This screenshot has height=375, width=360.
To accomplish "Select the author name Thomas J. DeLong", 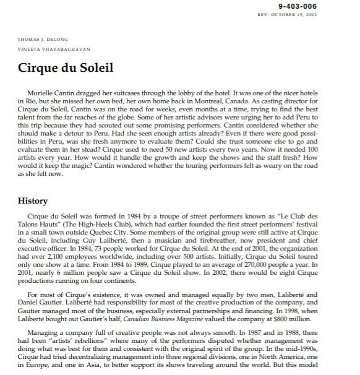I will (38, 40).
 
